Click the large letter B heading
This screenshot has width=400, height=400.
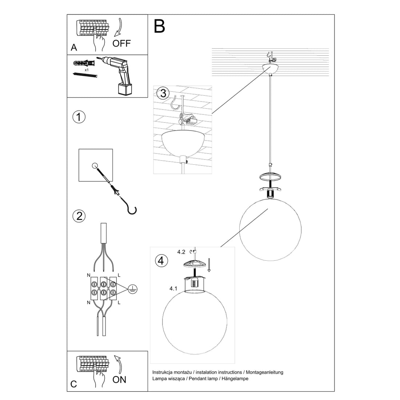pyautogui.click(x=159, y=26)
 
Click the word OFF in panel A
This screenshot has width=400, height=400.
pyautogui.click(x=121, y=44)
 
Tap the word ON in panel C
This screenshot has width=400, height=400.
pyautogui.click(x=119, y=380)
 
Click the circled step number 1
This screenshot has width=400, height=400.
pyautogui.click(x=79, y=117)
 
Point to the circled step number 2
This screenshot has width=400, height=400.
pyautogui.click(x=79, y=216)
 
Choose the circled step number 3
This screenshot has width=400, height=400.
pyautogui.click(x=163, y=93)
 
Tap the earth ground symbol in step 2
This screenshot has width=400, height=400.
pyautogui.click(x=133, y=289)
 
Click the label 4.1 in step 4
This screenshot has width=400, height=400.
pyautogui.click(x=173, y=288)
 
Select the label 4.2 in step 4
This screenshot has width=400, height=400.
pyautogui.click(x=181, y=251)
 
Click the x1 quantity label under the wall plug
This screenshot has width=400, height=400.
pyautogui.click(x=87, y=69)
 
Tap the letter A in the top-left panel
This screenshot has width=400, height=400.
pyautogui.click(x=74, y=48)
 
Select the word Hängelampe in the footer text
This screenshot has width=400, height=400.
pyautogui.click(x=235, y=379)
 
